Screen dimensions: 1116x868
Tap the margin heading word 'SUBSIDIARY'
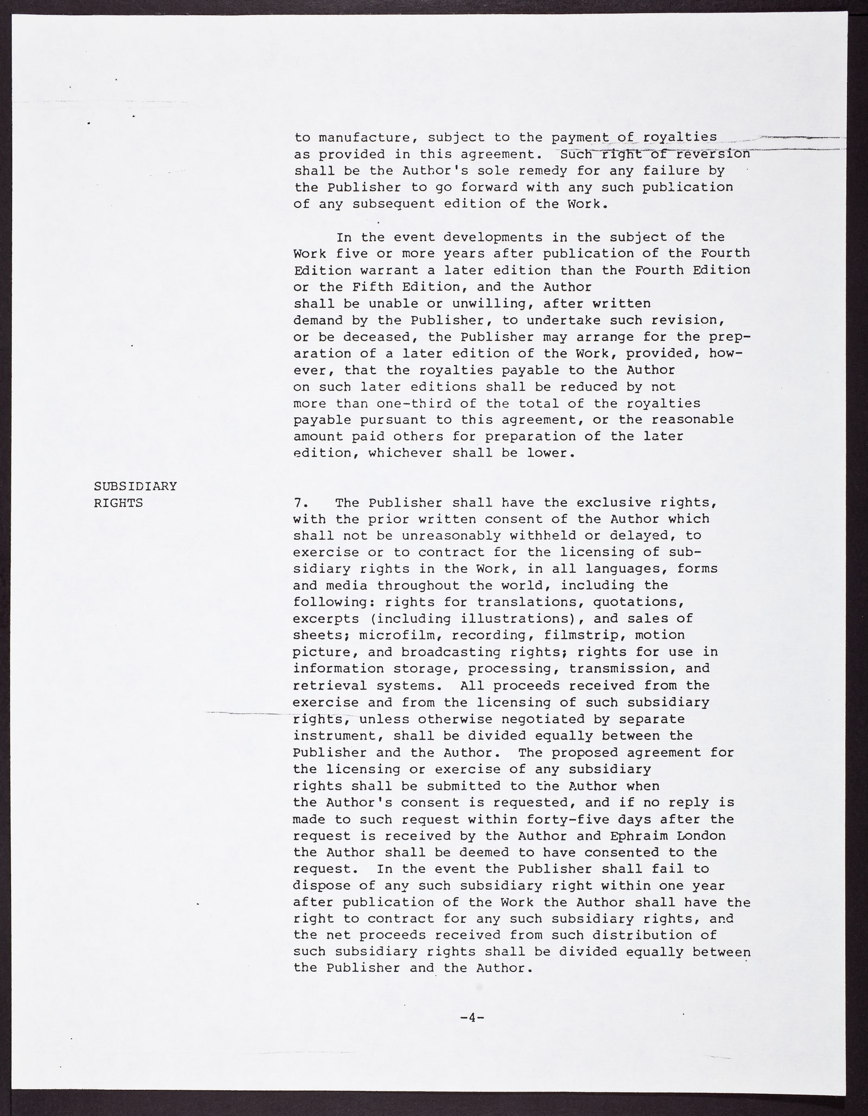[x=136, y=487]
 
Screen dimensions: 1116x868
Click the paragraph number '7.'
[x=302, y=503]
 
